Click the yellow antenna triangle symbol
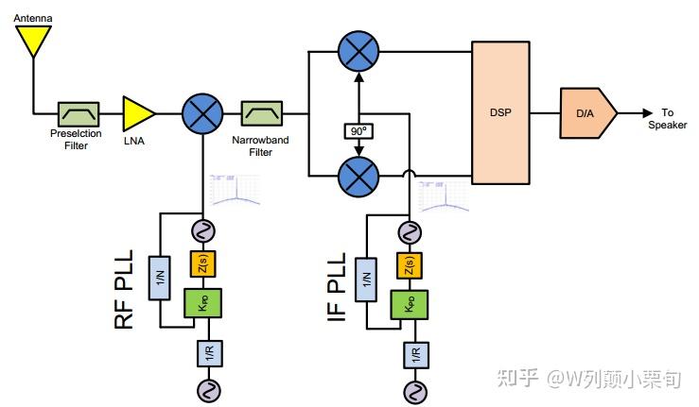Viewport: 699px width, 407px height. tap(34, 39)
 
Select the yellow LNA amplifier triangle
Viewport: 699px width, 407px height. tap(138, 112)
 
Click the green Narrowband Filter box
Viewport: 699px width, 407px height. tap(260, 113)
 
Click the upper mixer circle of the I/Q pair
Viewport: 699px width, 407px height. tap(358, 53)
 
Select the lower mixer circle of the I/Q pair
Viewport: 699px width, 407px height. tap(358, 176)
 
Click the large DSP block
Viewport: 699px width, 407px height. tap(500, 112)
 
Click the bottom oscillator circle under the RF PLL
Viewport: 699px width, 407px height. tap(202, 388)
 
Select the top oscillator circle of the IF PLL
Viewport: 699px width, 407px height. tap(411, 230)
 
